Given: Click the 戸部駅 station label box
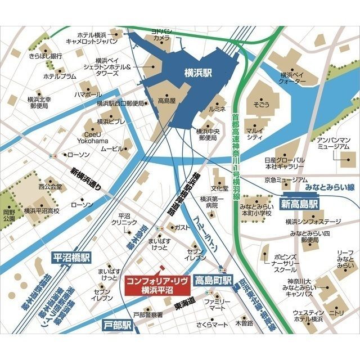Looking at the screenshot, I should tap(118, 325).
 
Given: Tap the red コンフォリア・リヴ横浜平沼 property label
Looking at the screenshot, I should tap(157, 285).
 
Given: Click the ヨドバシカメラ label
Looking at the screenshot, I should tap(162, 33).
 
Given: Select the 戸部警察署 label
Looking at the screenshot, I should tap(148, 315).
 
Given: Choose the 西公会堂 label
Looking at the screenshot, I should tap(49, 186).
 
